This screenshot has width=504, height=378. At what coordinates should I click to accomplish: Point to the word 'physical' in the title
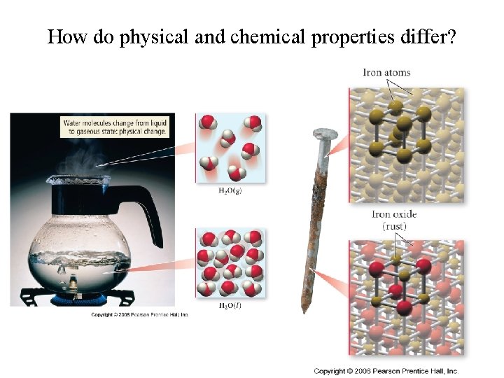pyautogui.click(x=155, y=36)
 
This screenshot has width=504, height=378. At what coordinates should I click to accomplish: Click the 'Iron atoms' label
pyautogui.click(x=387, y=73)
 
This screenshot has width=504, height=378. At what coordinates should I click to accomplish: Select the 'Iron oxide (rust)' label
pyautogui.click(x=394, y=220)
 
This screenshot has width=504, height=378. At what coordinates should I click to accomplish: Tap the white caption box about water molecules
pyautogui.click(x=115, y=127)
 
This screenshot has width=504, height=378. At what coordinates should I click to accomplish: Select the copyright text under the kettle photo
pyautogui.click(x=140, y=314)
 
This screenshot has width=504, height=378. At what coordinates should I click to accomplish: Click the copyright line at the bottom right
pyautogui.click(x=386, y=370)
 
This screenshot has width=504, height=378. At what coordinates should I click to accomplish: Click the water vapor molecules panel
pyautogui.click(x=230, y=146)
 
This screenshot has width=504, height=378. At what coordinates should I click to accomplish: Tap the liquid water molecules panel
pyautogui.click(x=230, y=262)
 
